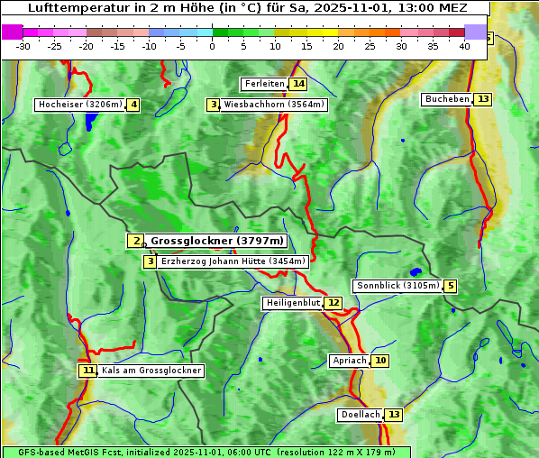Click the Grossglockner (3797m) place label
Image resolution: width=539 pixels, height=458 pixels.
pos(216,241)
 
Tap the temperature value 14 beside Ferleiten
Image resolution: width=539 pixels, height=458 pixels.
pos(298,84)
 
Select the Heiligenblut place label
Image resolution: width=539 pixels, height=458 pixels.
pos(293,303)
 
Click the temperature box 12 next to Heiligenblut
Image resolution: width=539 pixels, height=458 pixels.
pos(333,303)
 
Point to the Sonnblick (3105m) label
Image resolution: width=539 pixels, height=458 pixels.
pos(397,286)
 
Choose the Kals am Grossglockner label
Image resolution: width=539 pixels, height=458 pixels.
pos(151,371)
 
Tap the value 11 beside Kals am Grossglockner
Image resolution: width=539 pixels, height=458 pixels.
pos(87,371)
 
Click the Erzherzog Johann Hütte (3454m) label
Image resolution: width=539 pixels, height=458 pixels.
pos(233,261)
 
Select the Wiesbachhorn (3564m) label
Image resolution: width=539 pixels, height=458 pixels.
pos(274,105)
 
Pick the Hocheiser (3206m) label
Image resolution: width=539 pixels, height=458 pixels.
pos(79,105)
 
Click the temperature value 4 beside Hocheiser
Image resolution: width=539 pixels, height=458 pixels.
pos(133,105)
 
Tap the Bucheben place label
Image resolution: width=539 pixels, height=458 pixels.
pos(447,98)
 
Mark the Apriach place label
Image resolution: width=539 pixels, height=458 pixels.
pos(350,361)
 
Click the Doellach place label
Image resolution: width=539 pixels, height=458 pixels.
pos(360,415)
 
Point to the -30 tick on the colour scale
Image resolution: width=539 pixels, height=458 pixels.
pos(23,46)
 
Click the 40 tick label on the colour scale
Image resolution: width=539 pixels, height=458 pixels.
pos(464,46)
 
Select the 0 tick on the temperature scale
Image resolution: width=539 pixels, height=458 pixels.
pos(213,46)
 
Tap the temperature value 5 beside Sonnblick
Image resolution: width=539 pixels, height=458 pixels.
pos(450,286)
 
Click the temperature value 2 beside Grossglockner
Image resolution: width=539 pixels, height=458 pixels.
pos(135,241)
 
